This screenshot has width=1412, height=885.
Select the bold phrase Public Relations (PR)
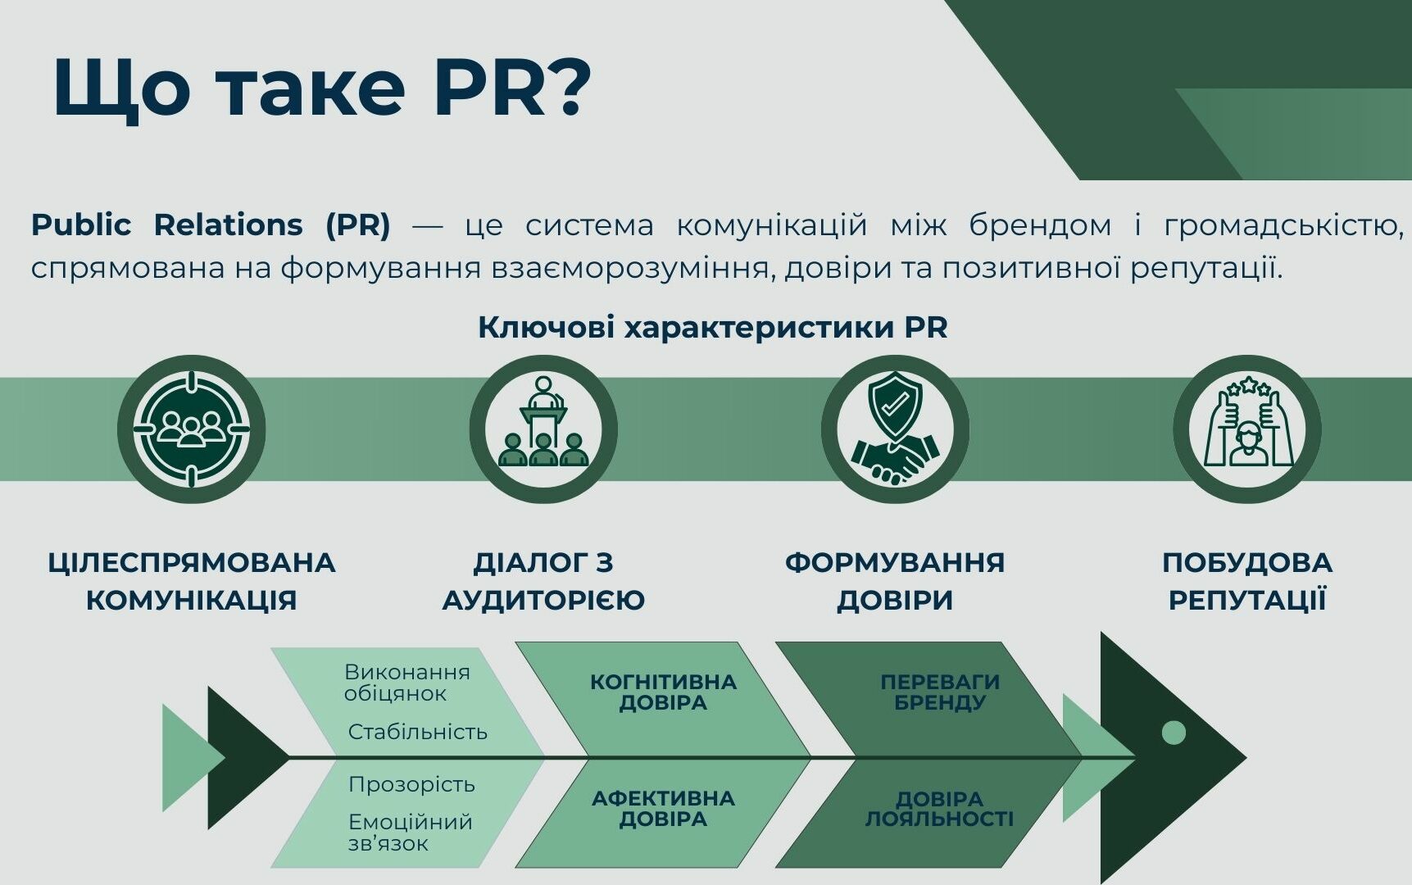(211, 225)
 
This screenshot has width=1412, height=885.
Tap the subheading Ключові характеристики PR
(712, 327)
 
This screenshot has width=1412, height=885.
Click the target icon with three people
(192, 429)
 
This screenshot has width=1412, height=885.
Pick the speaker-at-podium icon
(543, 429)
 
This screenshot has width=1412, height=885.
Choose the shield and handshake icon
(895, 429)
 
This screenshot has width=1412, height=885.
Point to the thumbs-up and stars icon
(1246, 429)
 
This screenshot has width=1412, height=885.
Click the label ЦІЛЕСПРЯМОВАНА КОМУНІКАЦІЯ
(192, 581)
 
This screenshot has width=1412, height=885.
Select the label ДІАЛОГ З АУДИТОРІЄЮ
(543, 581)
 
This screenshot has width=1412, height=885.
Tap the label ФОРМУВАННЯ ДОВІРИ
(895, 581)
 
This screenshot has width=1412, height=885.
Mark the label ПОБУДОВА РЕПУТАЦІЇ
(1246, 581)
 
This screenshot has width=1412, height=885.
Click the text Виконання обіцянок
(407, 683)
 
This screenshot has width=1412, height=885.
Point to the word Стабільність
(418, 731)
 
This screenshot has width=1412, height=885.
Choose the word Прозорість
(411, 784)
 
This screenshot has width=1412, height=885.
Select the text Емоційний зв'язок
(410, 832)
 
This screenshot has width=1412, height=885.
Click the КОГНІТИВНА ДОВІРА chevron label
(663, 692)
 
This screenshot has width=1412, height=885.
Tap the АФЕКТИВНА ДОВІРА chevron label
(663, 808)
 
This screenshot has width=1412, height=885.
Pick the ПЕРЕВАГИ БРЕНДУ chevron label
(940, 692)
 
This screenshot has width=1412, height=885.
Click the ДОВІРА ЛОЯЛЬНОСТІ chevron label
(940, 808)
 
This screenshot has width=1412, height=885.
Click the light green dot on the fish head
(1174, 732)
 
